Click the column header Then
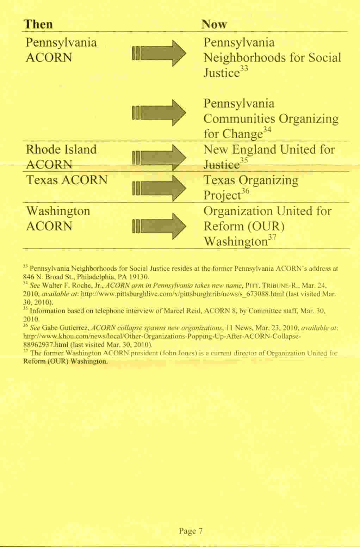(38, 24)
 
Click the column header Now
(214, 24)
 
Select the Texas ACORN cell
(67, 180)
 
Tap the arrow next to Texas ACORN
(159, 188)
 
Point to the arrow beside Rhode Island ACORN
(159, 157)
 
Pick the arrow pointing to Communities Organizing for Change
(159, 113)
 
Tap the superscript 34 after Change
(267, 130)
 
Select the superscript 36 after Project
(246, 191)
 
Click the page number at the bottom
(191, 531)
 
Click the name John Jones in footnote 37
(179, 353)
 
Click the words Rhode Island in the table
(61, 149)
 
